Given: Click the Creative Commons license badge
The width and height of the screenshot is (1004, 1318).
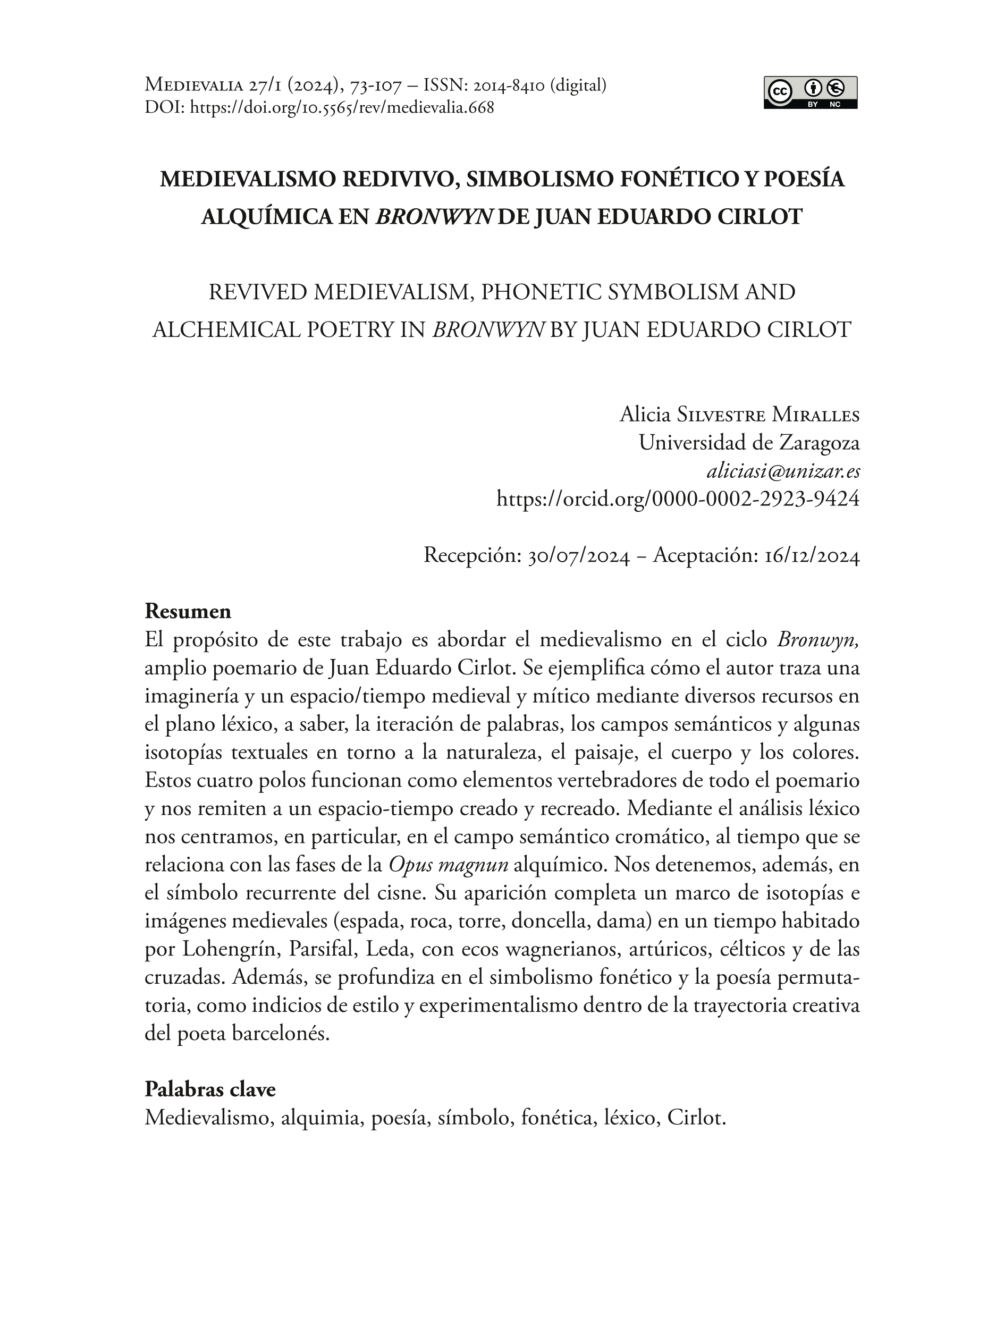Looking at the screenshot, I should pyautogui.click(x=810, y=92).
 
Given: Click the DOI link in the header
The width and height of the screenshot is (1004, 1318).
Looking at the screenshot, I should pyautogui.click(x=341, y=107).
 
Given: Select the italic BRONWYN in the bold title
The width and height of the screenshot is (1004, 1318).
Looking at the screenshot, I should pyautogui.click(x=434, y=216).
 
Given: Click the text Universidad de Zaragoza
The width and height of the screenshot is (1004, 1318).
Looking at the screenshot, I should pyautogui.click(x=749, y=443).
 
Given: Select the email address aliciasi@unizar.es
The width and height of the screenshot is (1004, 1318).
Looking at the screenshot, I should pyautogui.click(x=783, y=471).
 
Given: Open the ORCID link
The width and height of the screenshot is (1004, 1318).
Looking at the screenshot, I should pyautogui.click(x=678, y=497).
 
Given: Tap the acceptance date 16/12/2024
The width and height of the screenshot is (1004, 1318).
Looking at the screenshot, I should pyautogui.click(x=812, y=556).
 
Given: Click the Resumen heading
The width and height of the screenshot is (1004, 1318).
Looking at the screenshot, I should pyautogui.click(x=188, y=611).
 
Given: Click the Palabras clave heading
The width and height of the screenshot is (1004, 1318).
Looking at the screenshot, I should pyautogui.click(x=210, y=1089).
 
